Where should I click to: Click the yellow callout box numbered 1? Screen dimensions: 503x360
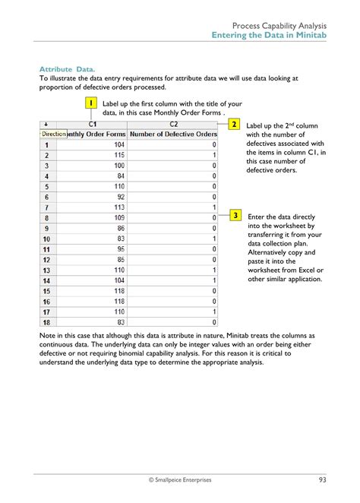click(90, 103)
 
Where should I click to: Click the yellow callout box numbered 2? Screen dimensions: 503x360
click(235, 124)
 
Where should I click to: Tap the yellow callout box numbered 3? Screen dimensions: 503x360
click(236, 216)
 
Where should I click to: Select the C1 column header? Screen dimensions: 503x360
click(93, 124)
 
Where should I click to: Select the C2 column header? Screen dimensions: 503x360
click(173, 124)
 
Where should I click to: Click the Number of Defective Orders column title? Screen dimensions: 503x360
click(173, 134)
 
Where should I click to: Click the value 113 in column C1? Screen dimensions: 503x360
click(118, 207)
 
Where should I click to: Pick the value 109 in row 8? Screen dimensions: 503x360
click(118, 217)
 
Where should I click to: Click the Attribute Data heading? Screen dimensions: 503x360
click(68, 68)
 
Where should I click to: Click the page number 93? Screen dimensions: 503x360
click(323, 479)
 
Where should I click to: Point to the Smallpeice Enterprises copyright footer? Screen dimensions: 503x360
click(180, 479)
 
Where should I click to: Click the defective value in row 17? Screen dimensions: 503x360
click(214, 312)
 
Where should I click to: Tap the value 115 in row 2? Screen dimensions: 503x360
click(118, 154)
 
